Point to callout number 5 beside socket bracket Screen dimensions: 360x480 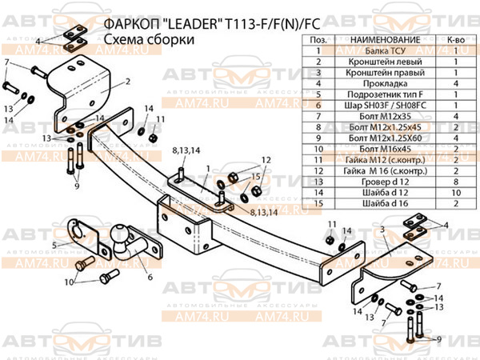coord(54,244)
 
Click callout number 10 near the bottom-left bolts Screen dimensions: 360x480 coord(69,282)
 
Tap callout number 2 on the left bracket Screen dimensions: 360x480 coord(126,82)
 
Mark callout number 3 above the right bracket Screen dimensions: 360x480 coord(382,231)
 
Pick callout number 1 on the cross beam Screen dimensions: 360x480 coord(206,169)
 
